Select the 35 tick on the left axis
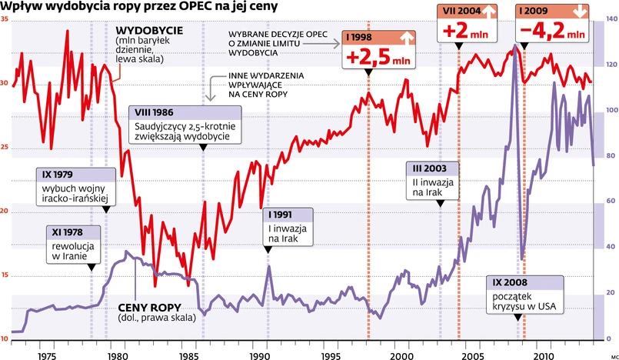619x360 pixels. click(x=6, y=18)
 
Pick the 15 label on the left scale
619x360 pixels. click(x=6, y=275)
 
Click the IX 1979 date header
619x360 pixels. click(x=55, y=174)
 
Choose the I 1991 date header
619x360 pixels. click(x=278, y=215)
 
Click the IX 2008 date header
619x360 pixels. click(x=506, y=281)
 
